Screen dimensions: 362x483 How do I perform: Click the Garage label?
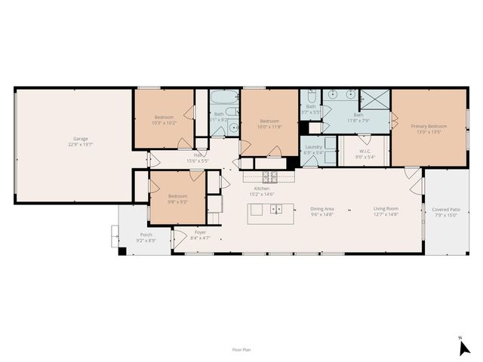tap(81, 139)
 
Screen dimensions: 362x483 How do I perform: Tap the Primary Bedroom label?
tap(429, 126)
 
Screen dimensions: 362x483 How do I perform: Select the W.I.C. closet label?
tap(365, 151)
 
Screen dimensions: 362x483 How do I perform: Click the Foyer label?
tap(201, 232)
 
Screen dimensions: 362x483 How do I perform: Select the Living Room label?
tap(386, 208)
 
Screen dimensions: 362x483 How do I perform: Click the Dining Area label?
tap(322, 208)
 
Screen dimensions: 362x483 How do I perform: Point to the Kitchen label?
tap(262, 189)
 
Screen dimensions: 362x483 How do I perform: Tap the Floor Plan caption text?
tap(241, 350)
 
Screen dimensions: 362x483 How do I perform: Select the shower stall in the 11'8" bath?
tap(374, 100)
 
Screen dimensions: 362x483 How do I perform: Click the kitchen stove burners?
tap(270, 177)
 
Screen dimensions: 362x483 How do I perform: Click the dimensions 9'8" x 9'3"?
tap(177, 202)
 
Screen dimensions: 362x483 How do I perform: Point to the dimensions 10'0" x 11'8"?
tap(270, 127)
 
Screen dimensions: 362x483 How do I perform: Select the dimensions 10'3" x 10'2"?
tap(165, 122)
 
